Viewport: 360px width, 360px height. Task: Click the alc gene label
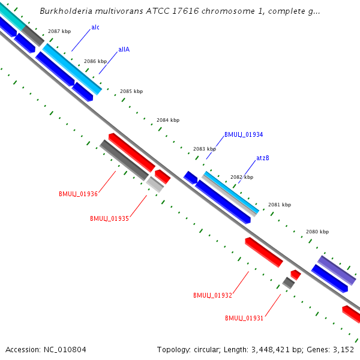[x=95, y=28]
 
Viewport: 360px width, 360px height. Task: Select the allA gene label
[x=124, y=50]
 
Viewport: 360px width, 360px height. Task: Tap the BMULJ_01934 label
[x=244, y=135]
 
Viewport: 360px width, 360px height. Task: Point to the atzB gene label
[x=262, y=158]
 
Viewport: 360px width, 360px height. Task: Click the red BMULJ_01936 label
[x=78, y=194]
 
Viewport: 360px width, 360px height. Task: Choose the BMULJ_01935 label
[x=109, y=218]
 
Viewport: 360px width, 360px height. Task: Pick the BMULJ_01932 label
[x=212, y=295]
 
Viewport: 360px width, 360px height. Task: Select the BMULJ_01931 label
[x=244, y=318]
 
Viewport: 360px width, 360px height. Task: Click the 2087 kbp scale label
[x=59, y=31]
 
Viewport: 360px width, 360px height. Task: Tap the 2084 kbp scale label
[x=168, y=120]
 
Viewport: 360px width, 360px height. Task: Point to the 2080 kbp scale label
[x=317, y=232]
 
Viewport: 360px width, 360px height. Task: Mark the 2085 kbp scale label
[x=131, y=91]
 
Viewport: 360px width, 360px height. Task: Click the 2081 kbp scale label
[x=280, y=205]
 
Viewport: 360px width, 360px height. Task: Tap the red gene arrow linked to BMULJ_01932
[x=263, y=252]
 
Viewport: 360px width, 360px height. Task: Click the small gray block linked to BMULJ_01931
[x=289, y=283]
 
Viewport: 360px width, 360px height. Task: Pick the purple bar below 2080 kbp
[x=337, y=270]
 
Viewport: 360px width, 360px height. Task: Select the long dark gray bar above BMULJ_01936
[x=124, y=160]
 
